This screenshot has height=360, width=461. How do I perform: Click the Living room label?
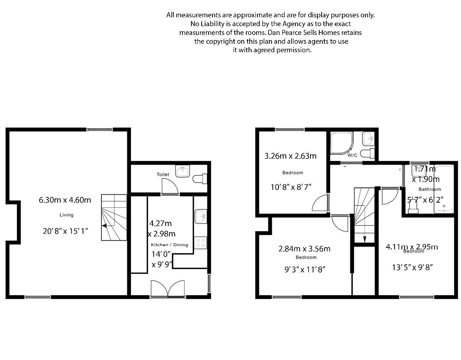(x=66, y=215)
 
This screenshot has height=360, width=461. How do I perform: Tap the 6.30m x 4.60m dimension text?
(x=65, y=200)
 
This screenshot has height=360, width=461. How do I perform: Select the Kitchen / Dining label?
(x=169, y=245)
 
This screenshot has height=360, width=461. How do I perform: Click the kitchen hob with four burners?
(x=201, y=243)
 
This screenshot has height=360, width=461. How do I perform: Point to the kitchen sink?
(x=201, y=216)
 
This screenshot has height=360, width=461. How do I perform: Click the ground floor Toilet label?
(x=163, y=174)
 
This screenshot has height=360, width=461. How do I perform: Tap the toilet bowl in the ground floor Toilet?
(x=199, y=179)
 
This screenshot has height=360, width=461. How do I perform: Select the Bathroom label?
(x=429, y=189)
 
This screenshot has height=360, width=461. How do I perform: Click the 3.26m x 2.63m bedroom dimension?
(x=290, y=156)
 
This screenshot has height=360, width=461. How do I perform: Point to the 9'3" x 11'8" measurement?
(x=305, y=269)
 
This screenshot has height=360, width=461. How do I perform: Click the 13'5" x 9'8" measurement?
(x=413, y=268)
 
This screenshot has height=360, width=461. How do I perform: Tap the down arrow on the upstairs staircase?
(x=364, y=239)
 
